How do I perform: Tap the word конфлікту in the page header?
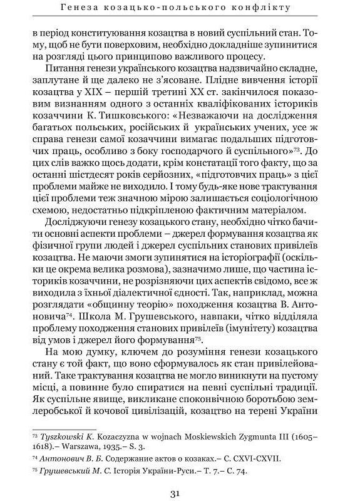click(x=264, y=8)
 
